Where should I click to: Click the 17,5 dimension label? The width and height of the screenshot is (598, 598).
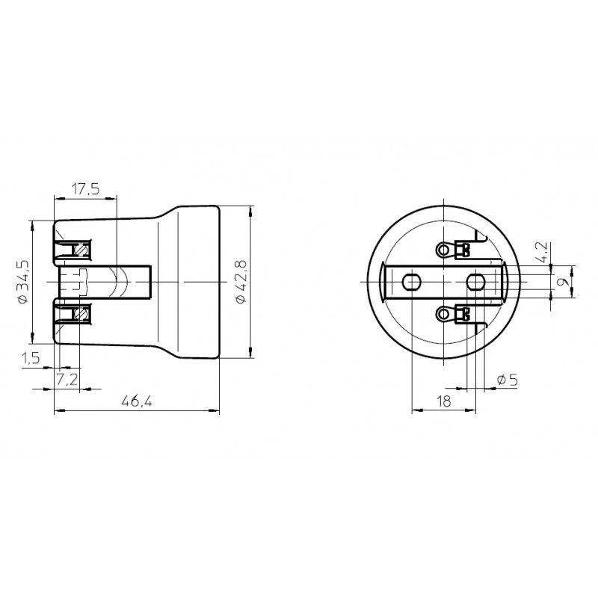pos(86,189)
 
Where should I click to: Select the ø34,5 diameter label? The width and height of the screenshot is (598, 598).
pos(24,282)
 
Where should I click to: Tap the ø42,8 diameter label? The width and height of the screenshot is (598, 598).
pos(241,282)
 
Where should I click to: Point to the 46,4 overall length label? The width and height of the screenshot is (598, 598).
pos(137,401)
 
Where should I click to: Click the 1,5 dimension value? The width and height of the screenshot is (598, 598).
pos(31,358)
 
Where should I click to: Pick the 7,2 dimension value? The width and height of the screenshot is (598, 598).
pos(67,380)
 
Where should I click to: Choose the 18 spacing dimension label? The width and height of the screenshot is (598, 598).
pos(443,401)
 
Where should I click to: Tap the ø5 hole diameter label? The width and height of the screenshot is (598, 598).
pos(508,380)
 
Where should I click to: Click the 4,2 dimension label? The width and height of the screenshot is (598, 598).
pos(541,252)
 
